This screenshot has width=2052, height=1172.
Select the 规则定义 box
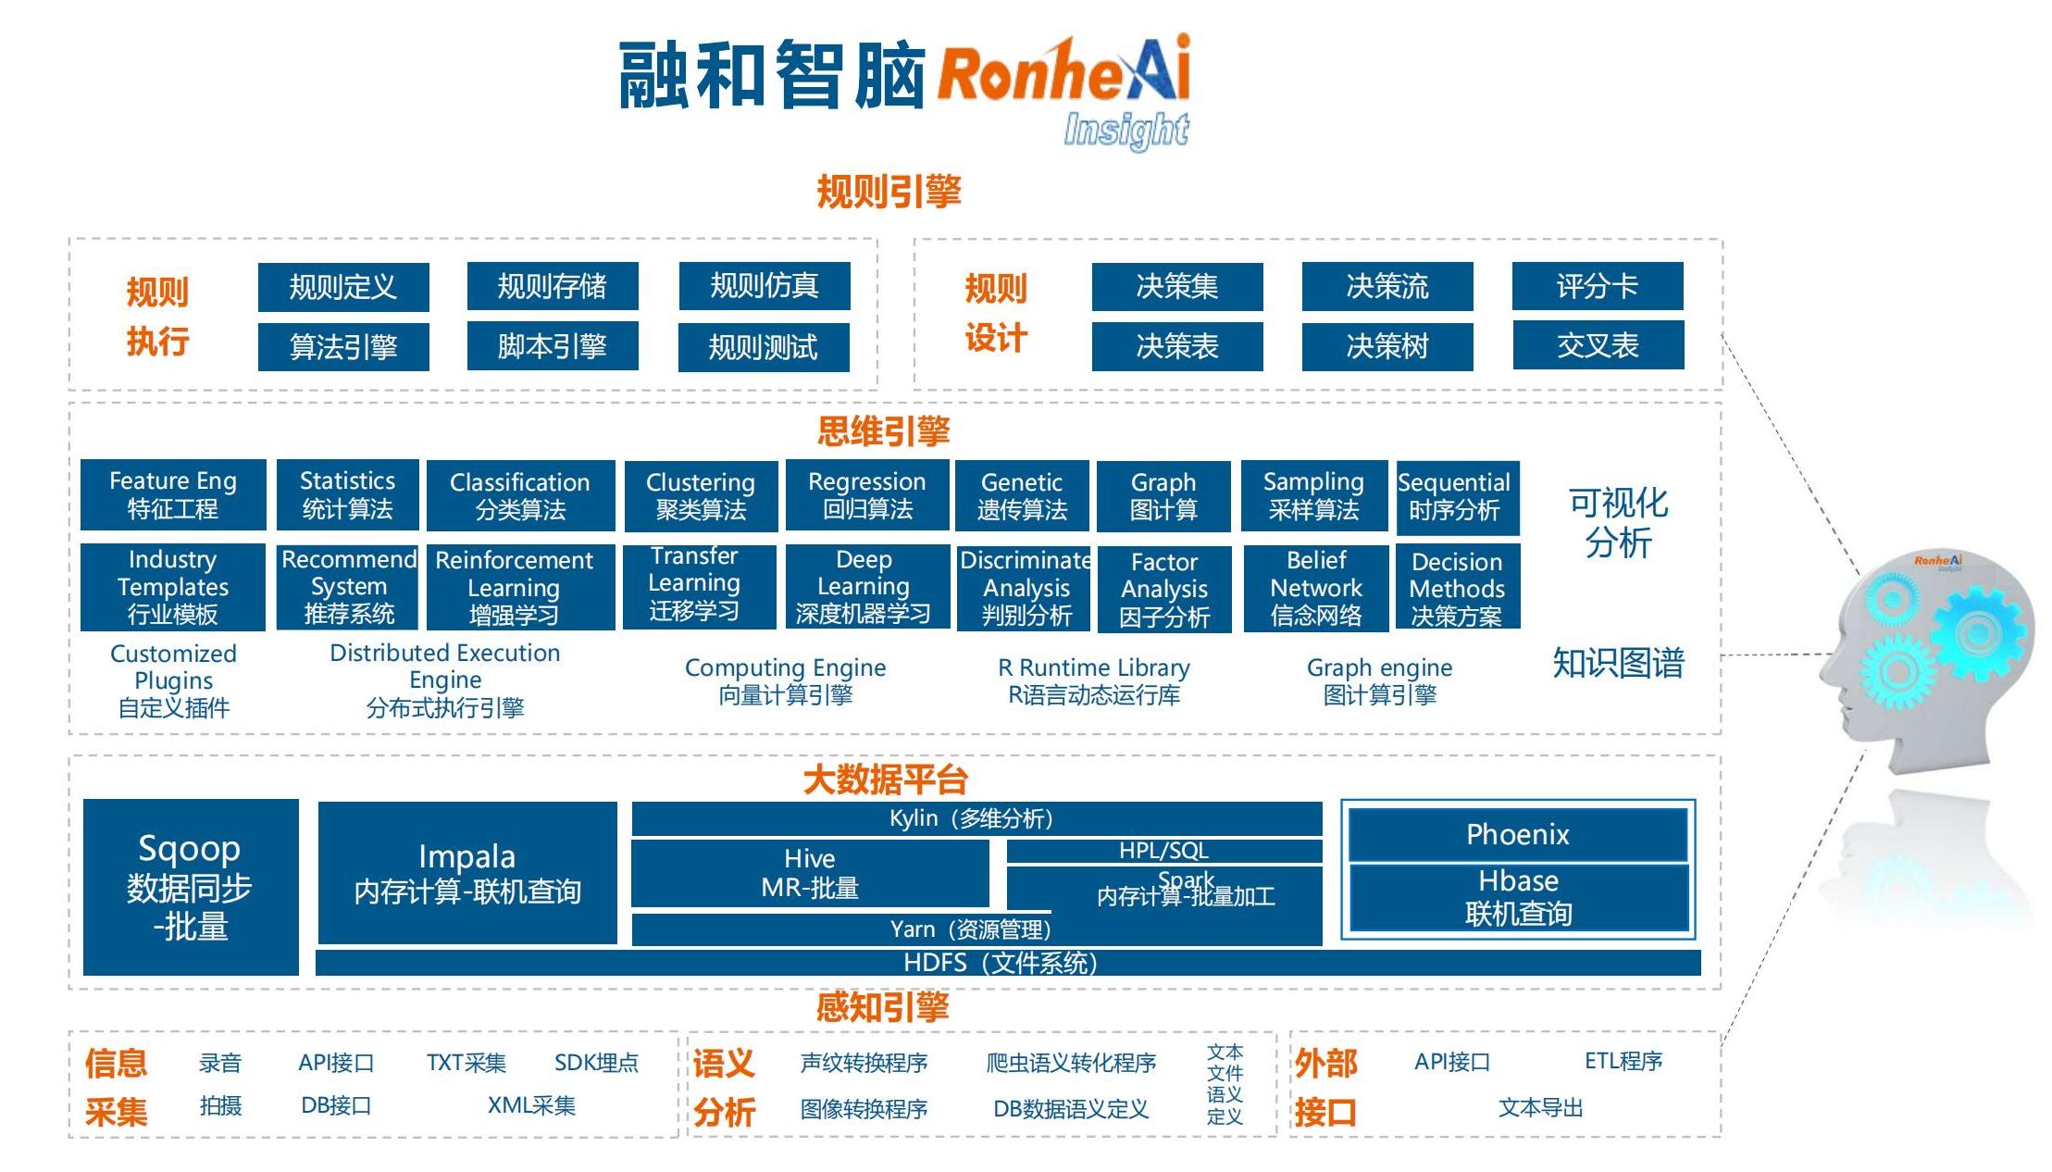pyautogui.click(x=342, y=287)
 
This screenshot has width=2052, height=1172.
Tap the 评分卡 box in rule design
pyautogui.click(x=1597, y=286)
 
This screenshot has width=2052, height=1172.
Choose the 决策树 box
pyautogui.click(x=1387, y=346)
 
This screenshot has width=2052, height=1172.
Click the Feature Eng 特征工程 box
pyautogui.click(x=173, y=495)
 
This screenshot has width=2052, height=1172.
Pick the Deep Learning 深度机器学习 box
pyautogui.click(x=866, y=587)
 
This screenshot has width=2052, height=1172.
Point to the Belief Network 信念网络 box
pyautogui.click(x=1315, y=589)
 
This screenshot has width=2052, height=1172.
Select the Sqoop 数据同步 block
pyautogui.click(x=191, y=887)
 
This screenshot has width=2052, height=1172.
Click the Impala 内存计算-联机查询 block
pyautogui.click(x=466, y=873)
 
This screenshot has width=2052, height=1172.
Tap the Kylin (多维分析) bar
pyautogui.click(x=976, y=818)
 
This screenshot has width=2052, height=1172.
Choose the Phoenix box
pyautogui.click(x=1517, y=835)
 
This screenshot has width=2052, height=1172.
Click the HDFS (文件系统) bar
pyautogui.click(x=1007, y=963)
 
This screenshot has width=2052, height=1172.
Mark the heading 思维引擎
pyautogui.click(x=883, y=431)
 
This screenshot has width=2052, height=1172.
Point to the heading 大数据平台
pyautogui.click(x=885, y=780)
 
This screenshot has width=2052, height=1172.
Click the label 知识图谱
pyautogui.click(x=1617, y=663)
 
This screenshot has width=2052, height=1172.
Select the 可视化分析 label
pyautogui.click(x=1617, y=523)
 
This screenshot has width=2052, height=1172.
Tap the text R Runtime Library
pyautogui.click(x=1093, y=667)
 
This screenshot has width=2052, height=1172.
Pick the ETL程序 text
pyautogui.click(x=1623, y=1061)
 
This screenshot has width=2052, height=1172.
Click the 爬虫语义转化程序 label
pyautogui.click(x=1071, y=1063)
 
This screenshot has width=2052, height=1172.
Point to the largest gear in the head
pyautogui.click(x=1977, y=634)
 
